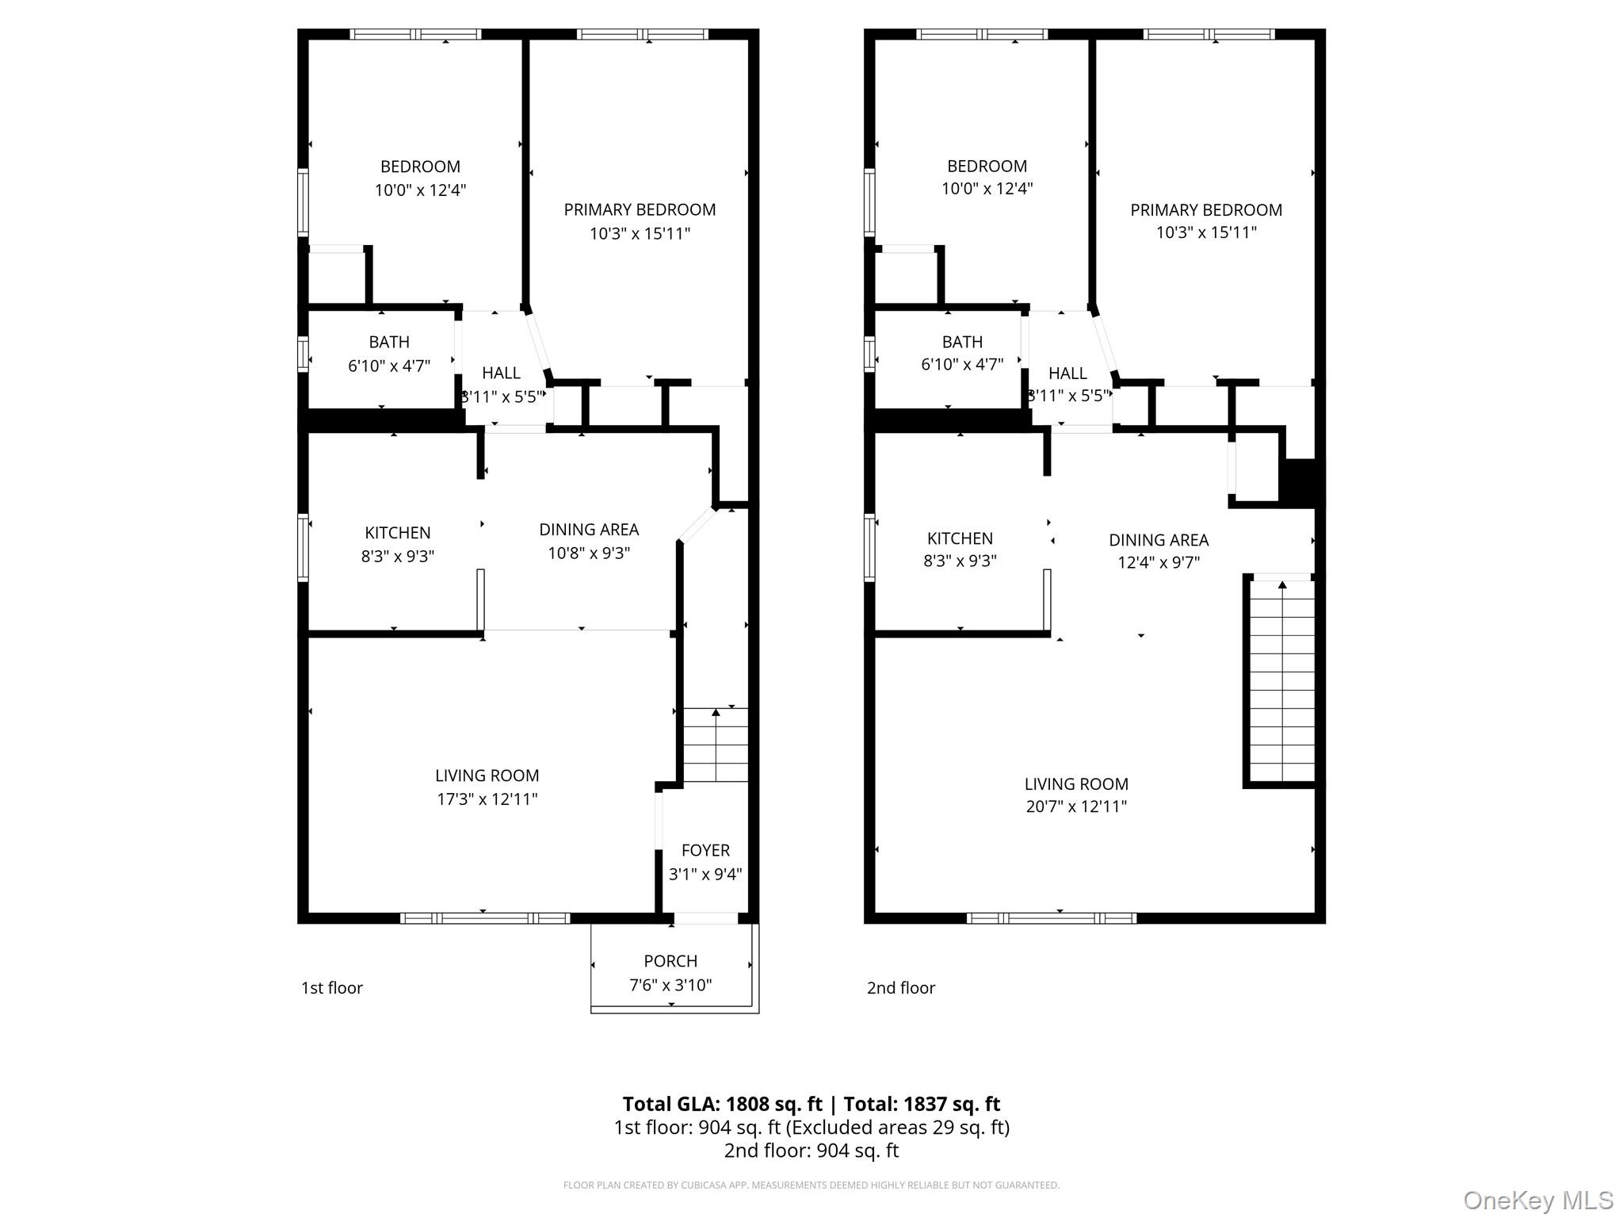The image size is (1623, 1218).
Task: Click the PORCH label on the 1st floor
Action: [670, 961]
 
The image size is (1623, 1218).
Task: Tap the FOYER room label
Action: [705, 850]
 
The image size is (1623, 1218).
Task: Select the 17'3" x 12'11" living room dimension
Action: [487, 799]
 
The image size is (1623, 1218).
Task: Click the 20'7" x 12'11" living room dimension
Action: [1075, 806]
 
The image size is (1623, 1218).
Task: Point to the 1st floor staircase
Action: [716, 745]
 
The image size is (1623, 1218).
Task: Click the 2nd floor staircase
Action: [1281, 682]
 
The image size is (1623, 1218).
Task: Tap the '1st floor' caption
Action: [331, 988]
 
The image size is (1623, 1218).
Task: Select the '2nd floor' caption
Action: [900, 988]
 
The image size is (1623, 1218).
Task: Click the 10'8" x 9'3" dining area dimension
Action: [589, 553]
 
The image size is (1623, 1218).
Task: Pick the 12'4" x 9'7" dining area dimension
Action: [1158, 562]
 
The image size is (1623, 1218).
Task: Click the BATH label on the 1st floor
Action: [389, 342]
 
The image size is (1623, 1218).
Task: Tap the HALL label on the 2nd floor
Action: [1067, 373]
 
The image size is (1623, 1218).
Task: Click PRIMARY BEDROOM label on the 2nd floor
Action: [1205, 210]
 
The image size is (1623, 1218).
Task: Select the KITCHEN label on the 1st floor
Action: [398, 533]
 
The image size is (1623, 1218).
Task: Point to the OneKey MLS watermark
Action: [1538, 1200]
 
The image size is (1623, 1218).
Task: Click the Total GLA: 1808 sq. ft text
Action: [722, 1104]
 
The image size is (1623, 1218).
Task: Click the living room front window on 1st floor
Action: [485, 918]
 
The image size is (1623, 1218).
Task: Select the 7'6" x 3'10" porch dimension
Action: [670, 985]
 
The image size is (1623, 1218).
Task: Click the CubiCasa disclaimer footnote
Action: [811, 1185]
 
